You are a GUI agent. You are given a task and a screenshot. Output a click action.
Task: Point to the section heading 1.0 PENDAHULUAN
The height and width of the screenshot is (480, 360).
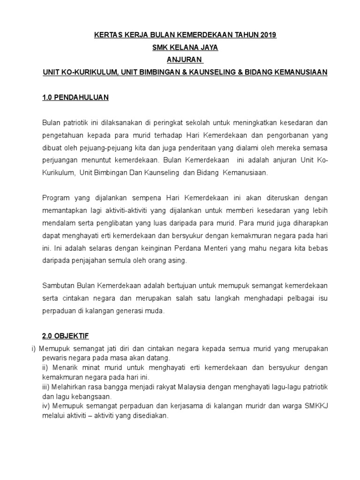75,97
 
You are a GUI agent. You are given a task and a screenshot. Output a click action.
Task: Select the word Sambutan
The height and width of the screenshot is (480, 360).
59,285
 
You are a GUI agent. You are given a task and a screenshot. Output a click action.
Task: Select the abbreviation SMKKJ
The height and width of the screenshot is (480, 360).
314,405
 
